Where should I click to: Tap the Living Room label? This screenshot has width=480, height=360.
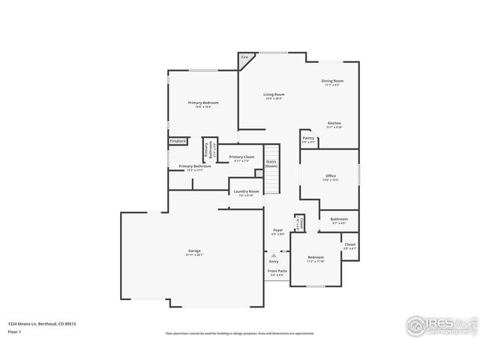274,95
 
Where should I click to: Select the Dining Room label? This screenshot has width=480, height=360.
332,81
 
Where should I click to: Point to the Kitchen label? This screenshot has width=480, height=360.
334,123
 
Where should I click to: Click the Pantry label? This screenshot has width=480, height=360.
308,138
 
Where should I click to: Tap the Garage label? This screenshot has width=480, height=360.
194,250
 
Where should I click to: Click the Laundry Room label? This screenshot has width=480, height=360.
246,192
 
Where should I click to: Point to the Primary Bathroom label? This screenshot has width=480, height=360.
194,166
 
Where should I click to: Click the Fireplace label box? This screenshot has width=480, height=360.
177,141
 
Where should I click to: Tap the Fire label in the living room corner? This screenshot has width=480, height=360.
244,57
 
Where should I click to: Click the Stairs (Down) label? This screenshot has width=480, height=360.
271,163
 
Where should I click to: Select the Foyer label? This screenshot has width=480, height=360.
277,230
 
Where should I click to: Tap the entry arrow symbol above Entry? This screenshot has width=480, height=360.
274,255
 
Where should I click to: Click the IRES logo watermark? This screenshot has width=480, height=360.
438,325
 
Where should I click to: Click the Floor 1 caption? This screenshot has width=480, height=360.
15,331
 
